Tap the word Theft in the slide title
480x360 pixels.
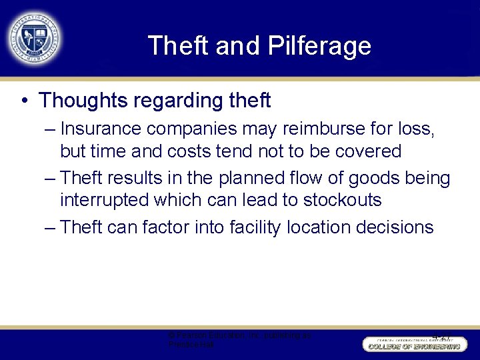173,46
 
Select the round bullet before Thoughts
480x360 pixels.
24,101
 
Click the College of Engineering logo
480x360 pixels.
412,343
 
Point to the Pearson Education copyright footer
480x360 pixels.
239,340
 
